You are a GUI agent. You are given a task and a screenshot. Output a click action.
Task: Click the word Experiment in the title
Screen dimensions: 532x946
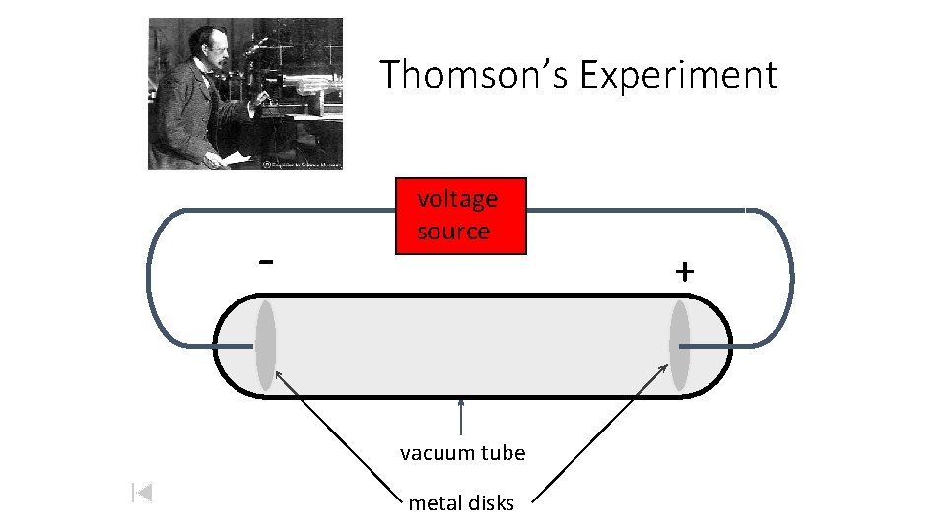point(678,75)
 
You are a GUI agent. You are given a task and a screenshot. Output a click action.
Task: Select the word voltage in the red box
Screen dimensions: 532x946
point(457,199)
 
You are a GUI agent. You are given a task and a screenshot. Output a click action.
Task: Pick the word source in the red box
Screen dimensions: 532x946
point(453,232)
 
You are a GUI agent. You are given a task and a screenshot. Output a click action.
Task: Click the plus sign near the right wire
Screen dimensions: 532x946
point(684,271)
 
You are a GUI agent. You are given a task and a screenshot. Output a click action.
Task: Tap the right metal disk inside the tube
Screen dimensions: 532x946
point(680,345)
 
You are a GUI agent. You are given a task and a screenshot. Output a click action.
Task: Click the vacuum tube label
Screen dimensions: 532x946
point(462,453)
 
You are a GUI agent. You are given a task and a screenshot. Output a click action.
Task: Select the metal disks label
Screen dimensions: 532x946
point(461,503)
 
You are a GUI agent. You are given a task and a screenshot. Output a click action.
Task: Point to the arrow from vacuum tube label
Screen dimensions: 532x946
point(461,417)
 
